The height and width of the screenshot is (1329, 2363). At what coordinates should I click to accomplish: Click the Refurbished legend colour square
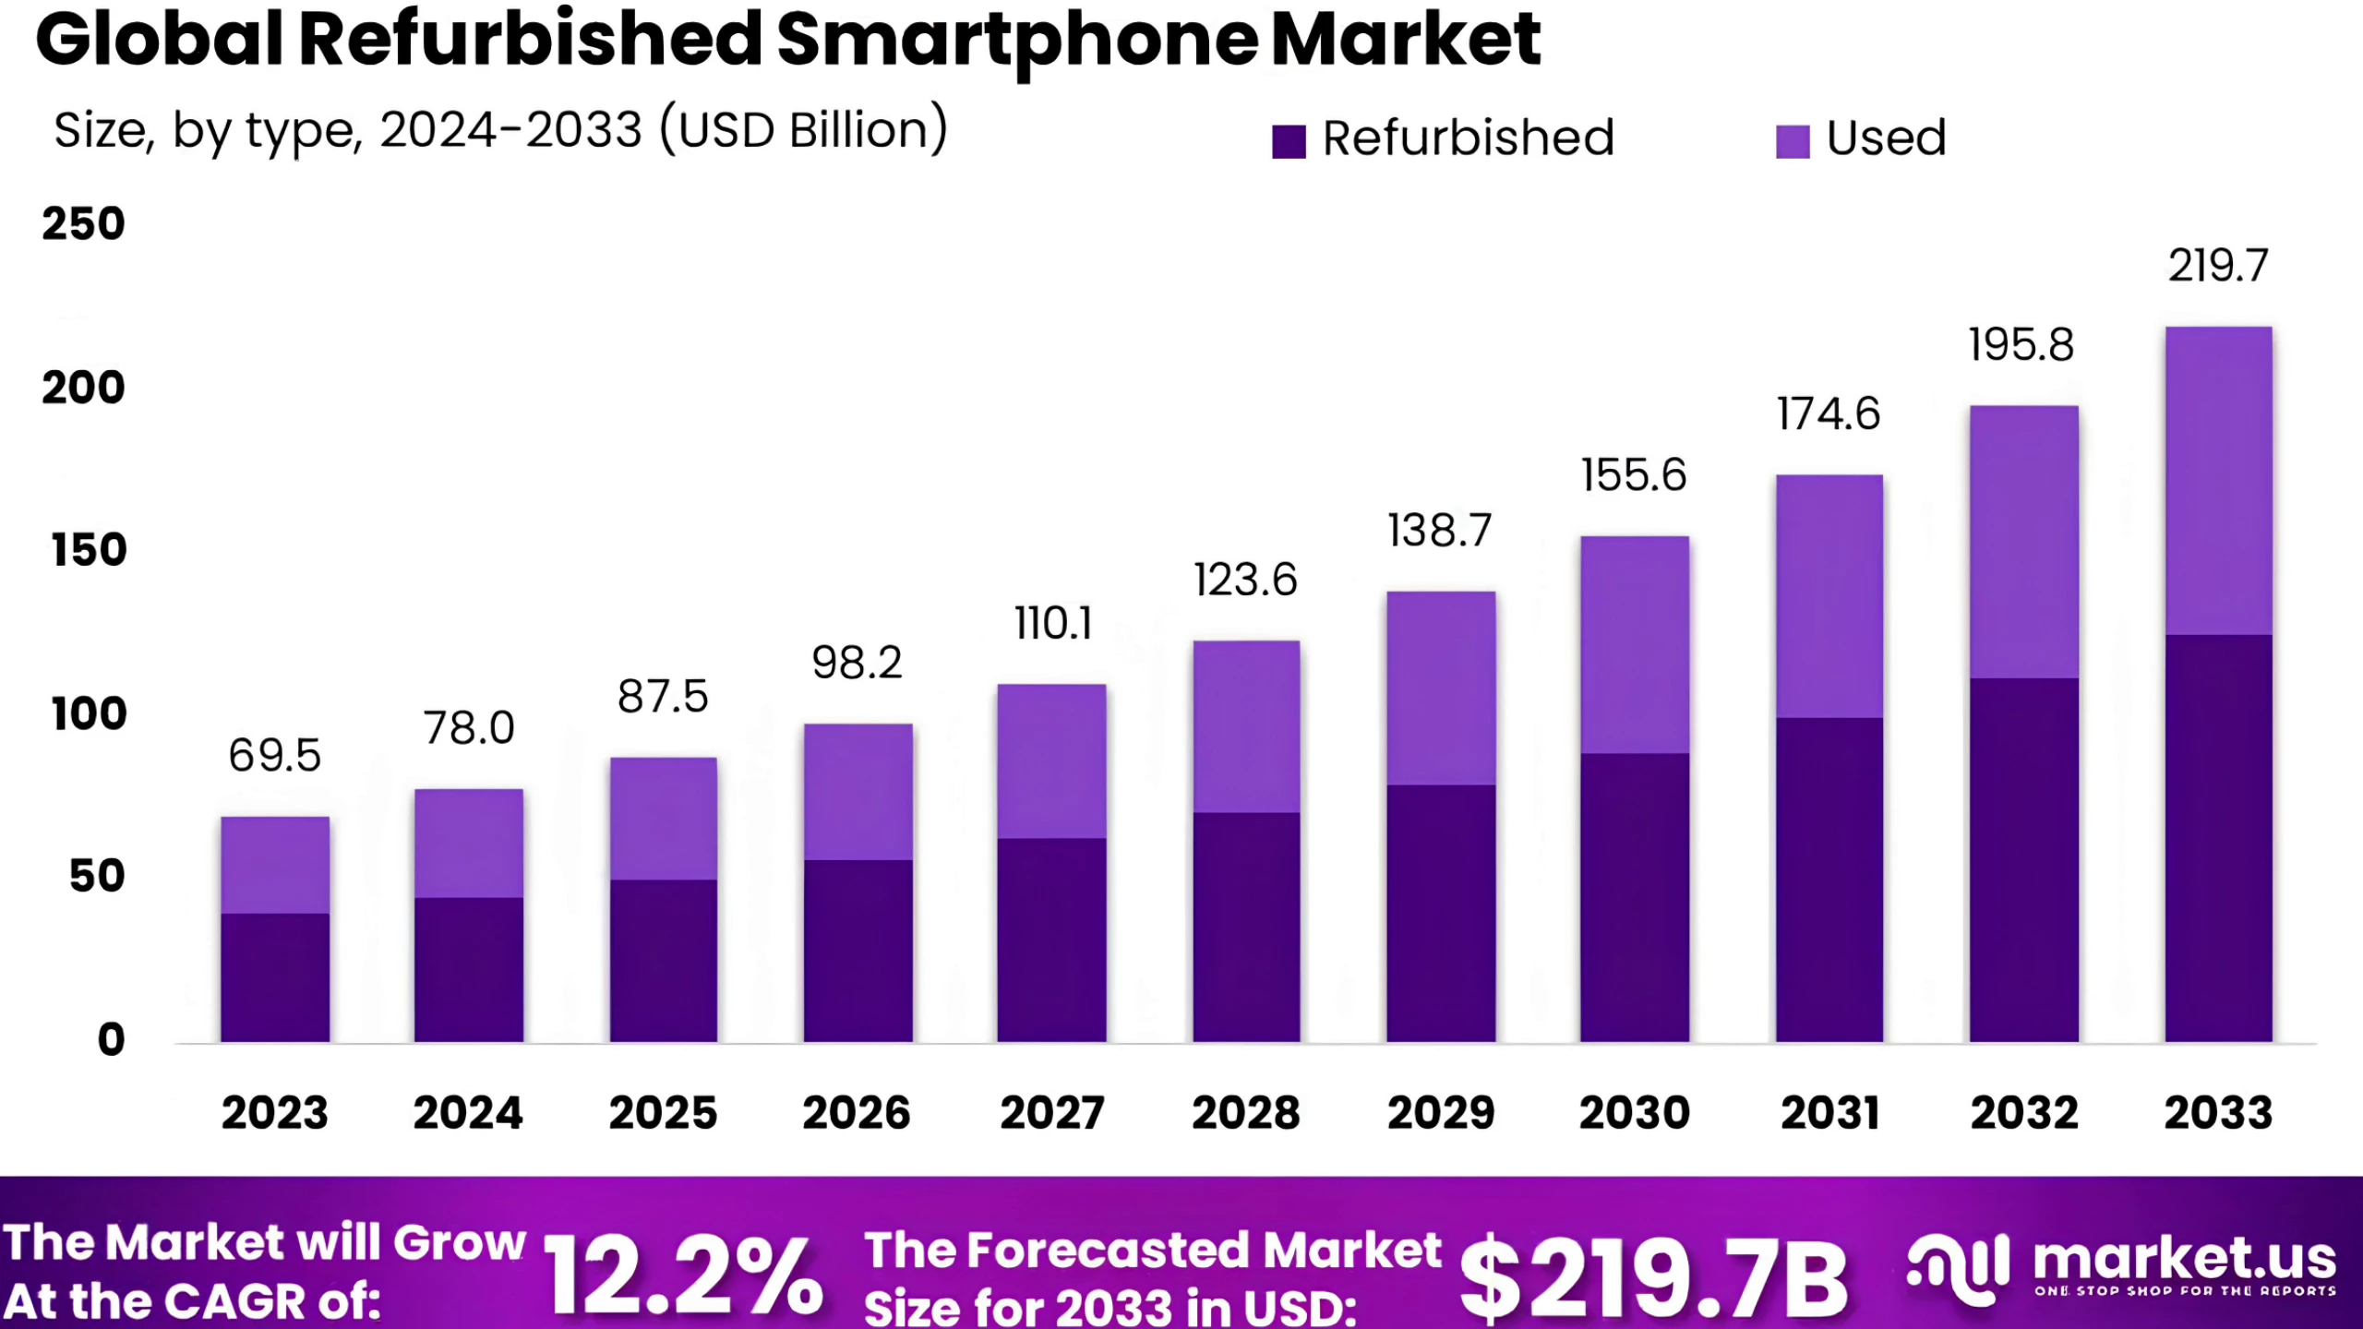pyautogui.click(x=1289, y=141)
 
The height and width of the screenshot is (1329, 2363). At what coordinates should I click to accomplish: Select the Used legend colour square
pyautogui.click(x=1793, y=141)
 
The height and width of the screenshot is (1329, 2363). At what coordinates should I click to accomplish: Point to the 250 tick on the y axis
pyautogui.click(x=83, y=224)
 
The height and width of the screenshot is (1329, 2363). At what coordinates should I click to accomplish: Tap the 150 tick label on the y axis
pyautogui.click(x=89, y=550)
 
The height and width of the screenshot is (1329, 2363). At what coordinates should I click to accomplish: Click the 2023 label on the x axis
pyautogui.click(x=275, y=1112)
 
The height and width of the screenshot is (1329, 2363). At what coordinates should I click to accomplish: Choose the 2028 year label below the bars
pyautogui.click(x=1246, y=1112)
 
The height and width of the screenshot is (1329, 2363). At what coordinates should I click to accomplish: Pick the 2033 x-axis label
pyautogui.click(x=2219, y=1112)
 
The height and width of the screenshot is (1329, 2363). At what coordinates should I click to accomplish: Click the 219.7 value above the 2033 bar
pyautogui.click(x=2218, y=266)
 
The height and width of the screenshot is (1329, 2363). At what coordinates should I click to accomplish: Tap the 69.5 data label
pyautogui.click(x=275, y=755)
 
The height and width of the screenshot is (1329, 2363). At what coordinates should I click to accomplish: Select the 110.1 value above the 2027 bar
pyautogui.click(x=1053, y=623)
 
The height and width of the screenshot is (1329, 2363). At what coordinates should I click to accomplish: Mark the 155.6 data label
pyautogui.click(x=1634, y=475)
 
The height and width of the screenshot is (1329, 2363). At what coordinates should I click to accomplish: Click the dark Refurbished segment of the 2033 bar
pyautogui.click(x=2219, y=838)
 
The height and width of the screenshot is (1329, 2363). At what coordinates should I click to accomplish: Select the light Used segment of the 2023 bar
pyautogui.click(x=275, y=865)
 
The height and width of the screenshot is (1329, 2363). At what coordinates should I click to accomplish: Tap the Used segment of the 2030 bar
pyautogui.click(x=1635, y=645)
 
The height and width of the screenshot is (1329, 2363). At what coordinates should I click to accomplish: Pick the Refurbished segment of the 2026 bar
pyautogui.click(x=858, y=952)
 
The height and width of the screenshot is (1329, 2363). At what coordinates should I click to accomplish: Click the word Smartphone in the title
pyautogui.click(x=1017, y=42)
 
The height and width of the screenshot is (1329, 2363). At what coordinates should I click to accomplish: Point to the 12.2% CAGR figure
pyautogui.click(x=683, y=1276)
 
